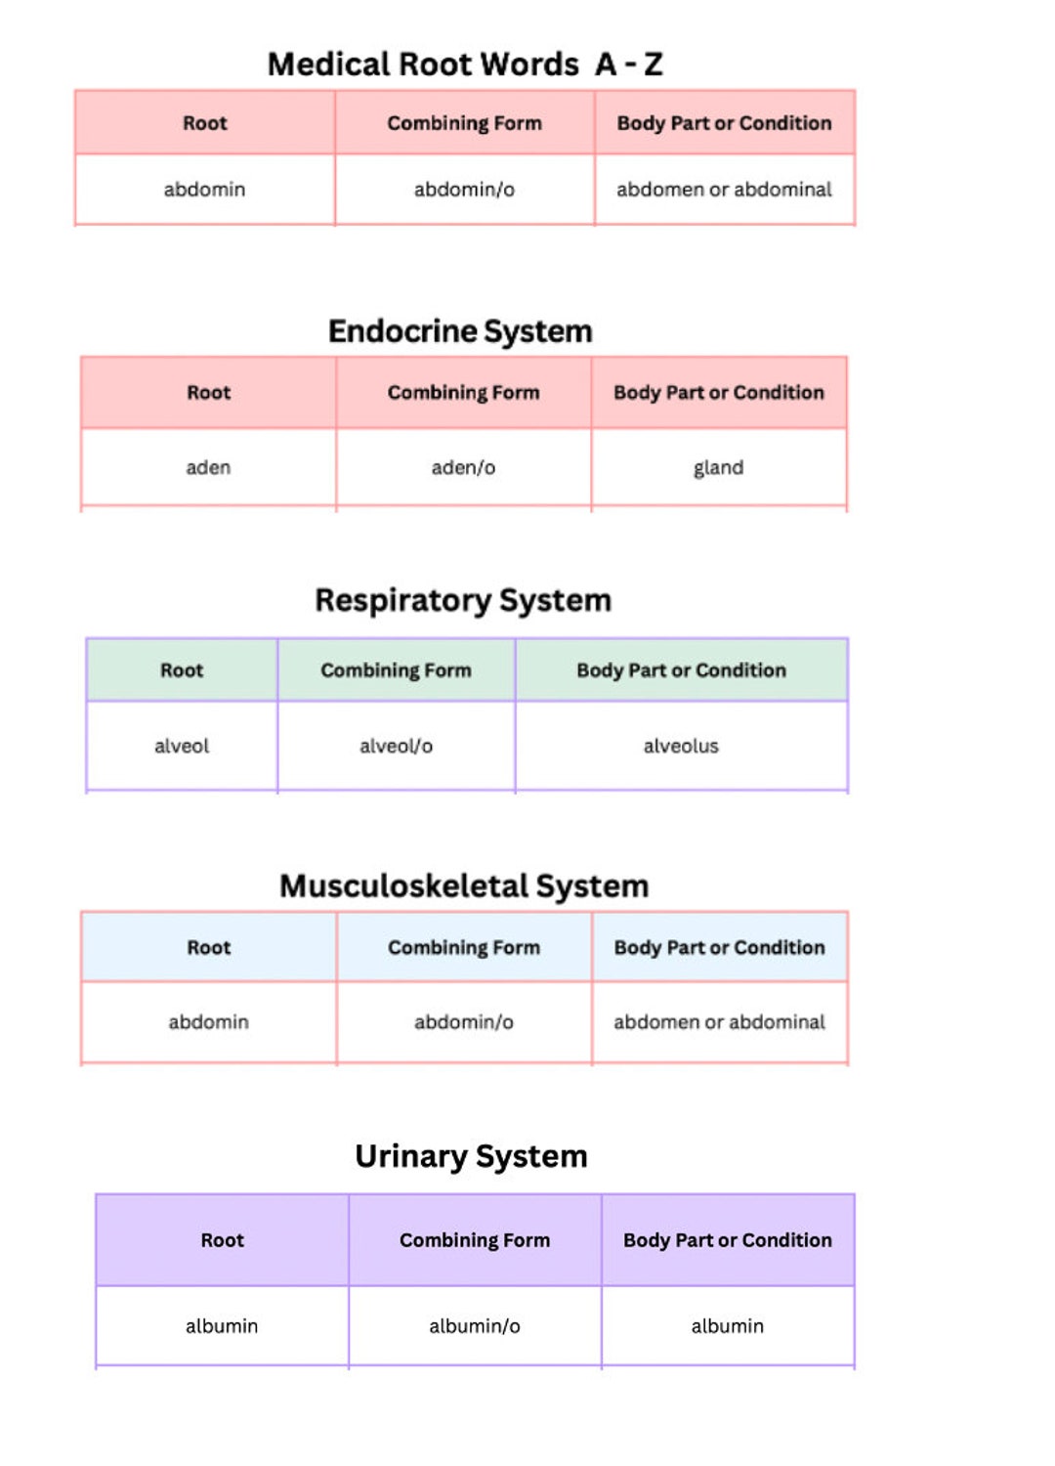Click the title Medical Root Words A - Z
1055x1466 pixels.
click(x=465, y=65)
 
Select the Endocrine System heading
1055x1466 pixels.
click(x=460, y=331)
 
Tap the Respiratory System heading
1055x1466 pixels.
click(x=463, y=600)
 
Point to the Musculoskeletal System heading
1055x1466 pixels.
click(x=464, y=886)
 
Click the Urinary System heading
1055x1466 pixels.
click(x=471, y=1156)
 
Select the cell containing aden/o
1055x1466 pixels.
click(x=463, y=468)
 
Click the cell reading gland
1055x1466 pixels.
click(x=718, y=468)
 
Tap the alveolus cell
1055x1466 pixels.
click(x=681, y=747)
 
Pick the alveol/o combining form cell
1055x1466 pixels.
click(x=396, y=747)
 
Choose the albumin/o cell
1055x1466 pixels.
click(x=475, y=1326)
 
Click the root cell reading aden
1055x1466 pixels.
click(x=208, y=468)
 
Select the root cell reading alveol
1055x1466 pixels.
click(x=182, y=747)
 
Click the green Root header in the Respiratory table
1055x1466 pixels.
click(x=182, y=670)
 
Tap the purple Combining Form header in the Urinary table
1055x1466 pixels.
click(x=475, y=1240)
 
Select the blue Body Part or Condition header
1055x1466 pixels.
click(x=719, y=948)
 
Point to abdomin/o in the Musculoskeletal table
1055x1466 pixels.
click(x=463, y=1022)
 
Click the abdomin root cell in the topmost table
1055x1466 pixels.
click(x=204, y=190)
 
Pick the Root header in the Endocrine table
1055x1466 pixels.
click(x=208, y=393)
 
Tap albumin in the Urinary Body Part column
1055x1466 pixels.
click(x=727, y=1326)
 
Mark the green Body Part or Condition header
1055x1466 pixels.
click(x=681, y=670)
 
